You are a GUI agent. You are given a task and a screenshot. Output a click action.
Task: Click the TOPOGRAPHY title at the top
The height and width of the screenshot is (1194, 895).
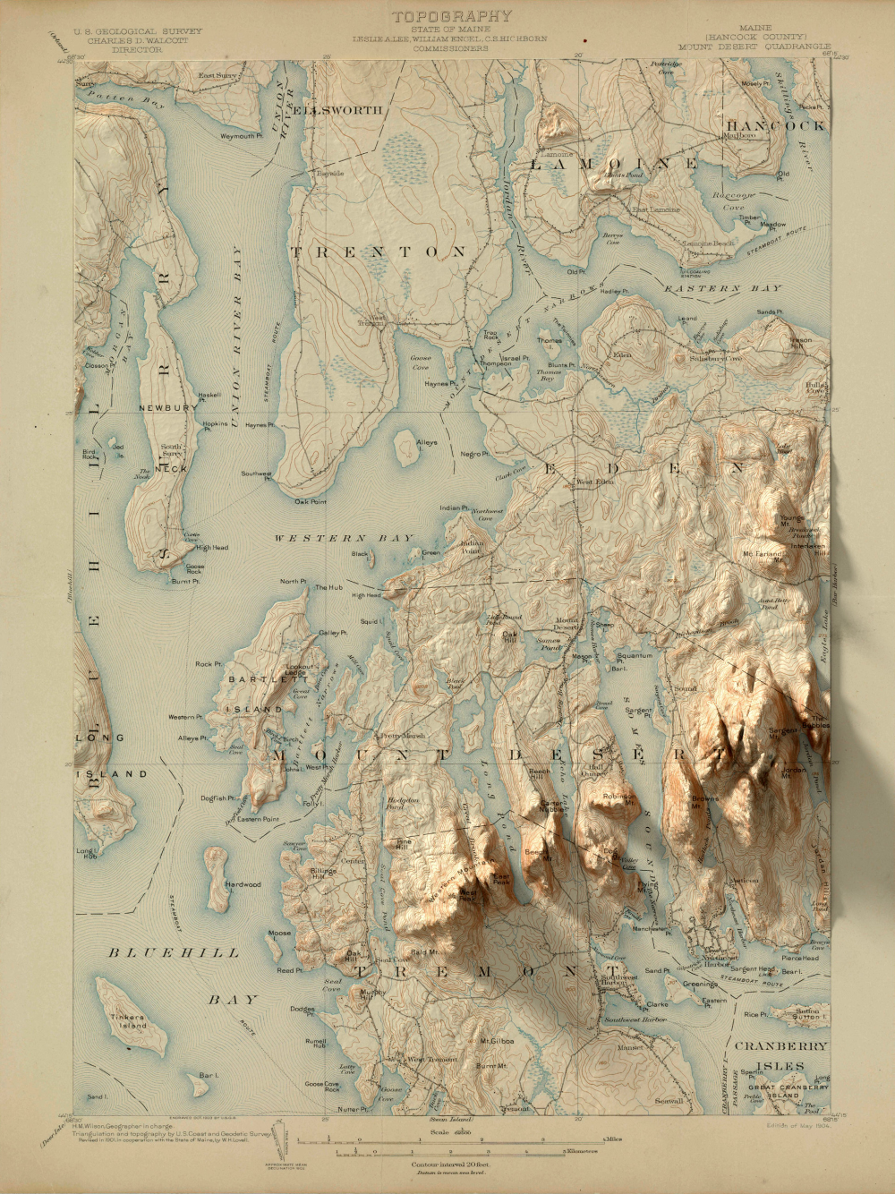(452, 16)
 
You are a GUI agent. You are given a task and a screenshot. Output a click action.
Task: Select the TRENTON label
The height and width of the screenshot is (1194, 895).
(379, 252)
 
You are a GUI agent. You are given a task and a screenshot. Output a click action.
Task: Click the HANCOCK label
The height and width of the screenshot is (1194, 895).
(775, 125)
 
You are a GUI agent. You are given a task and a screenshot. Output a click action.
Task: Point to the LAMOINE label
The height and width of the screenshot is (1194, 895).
(615, 164)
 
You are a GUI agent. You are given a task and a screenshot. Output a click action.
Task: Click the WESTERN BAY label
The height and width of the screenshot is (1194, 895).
(344, 539)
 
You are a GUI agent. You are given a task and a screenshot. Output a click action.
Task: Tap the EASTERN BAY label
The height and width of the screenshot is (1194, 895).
(723, 289)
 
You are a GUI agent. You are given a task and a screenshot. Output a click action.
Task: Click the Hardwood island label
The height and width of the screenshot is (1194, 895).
(243, 884)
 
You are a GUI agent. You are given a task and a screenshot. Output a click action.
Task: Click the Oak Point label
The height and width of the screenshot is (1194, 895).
(311, 502)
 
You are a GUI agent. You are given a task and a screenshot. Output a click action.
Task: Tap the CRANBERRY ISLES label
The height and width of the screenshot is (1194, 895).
(781, 1055)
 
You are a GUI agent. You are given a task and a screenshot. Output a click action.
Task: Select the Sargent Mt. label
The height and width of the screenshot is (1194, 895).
(781, 731)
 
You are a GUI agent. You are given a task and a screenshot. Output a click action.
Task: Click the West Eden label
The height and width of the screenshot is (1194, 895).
(594, 482)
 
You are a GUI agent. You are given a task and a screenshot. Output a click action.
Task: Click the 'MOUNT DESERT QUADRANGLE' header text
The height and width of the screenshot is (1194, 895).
(754, 47)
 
